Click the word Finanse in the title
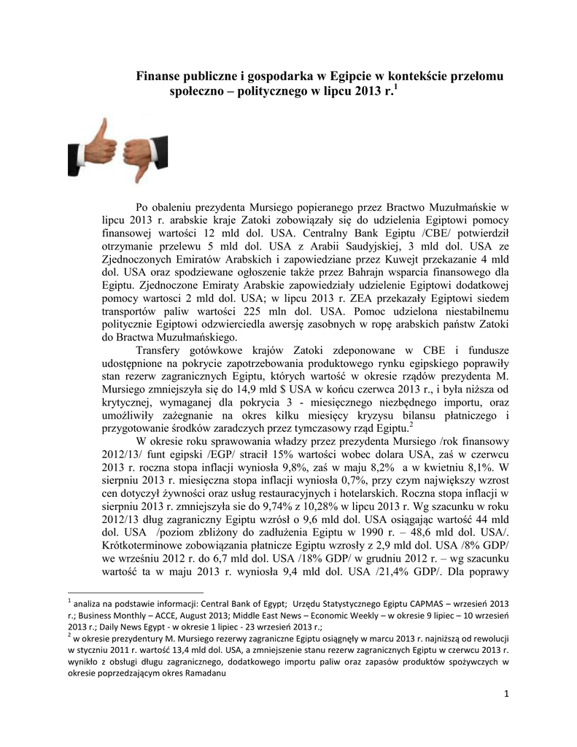[x=163, y=77]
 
